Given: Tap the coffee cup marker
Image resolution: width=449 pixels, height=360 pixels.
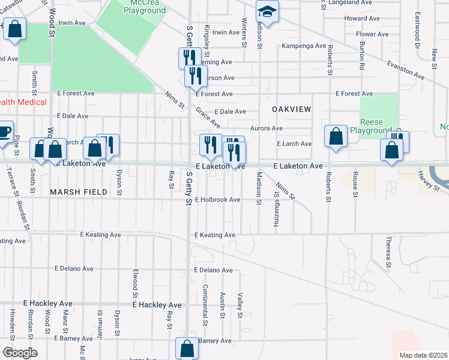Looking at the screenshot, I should [x=4, y=132].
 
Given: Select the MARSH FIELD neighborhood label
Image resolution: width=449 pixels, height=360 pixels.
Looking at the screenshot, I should [x=79, y=192].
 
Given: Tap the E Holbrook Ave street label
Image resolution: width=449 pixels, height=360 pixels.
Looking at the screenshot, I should [x=217, y=200].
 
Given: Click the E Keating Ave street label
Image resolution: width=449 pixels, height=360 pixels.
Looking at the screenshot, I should [x=215, y=235].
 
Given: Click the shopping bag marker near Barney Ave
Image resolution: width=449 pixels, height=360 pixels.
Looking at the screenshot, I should [x=187, y=348].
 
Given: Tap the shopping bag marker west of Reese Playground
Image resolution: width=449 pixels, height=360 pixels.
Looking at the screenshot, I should [x=336, y=136].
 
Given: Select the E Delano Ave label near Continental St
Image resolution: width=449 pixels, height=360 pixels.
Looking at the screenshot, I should [x=213, y=271].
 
